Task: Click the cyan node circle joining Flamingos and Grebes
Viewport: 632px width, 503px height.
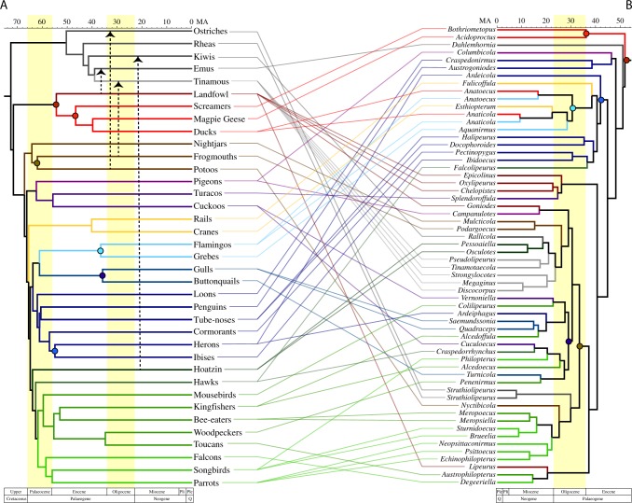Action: [99, 250]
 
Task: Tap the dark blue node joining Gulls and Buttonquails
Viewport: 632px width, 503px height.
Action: [103, 275]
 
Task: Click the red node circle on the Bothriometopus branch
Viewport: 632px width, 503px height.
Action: [585, 34]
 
